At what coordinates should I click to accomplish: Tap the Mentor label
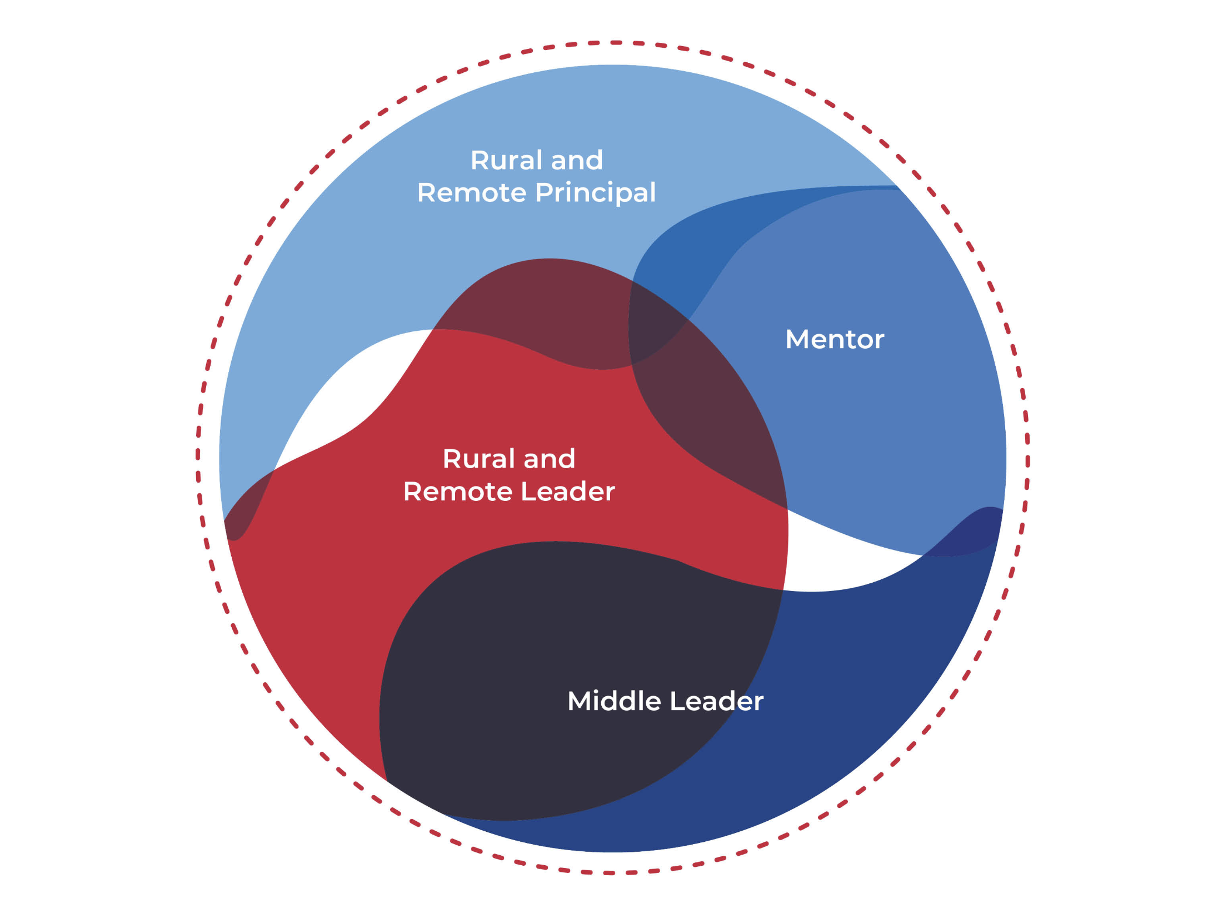[x=834, y=339]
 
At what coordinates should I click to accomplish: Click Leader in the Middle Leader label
[x=716, y=701]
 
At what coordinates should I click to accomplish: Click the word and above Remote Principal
[x=576, y=160]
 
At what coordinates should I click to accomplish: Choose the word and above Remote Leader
[x=548, y=459]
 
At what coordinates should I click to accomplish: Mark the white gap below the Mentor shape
[x=845, y=562]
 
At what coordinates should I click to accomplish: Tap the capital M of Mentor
[x=796, y=339]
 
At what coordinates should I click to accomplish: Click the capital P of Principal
[x=543, y=193]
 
